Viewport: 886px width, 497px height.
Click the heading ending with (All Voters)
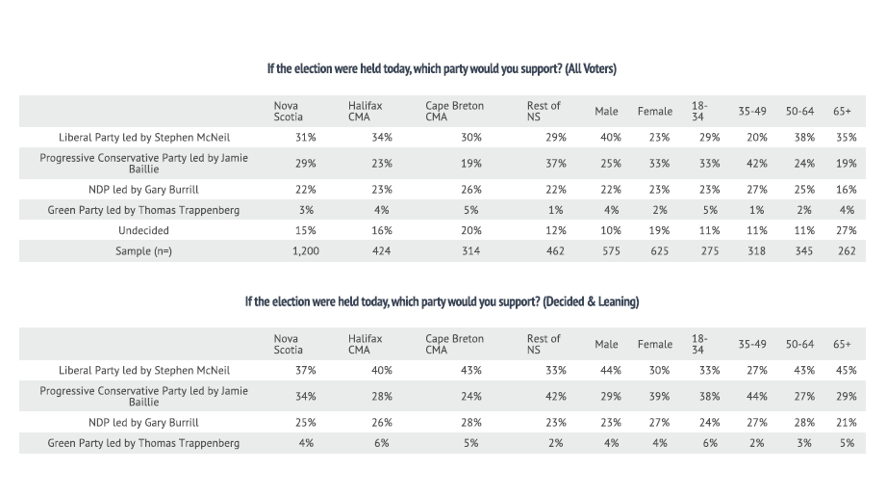pyautogui.click(x=442, y=69)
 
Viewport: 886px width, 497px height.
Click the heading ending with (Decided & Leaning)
pyautogui.click(x=442, y=301)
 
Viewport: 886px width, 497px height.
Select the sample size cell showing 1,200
pyautogui.click(x=305, y=250)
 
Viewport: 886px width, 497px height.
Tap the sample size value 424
pyautogui.click(x=381, y=250)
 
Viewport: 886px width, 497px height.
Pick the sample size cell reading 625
pyautogui.click(x=654, y=250)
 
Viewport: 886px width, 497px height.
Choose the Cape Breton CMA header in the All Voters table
pyautogui.click(x=454, y=111)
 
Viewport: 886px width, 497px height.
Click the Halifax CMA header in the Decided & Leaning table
pyautogui.click(x=365, y=344)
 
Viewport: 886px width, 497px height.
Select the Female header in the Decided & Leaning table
pyautogui.click(x=654, y=344)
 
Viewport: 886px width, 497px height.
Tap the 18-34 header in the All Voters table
pyautogui.click(x=698, y=111)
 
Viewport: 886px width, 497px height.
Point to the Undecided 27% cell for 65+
pyautogui.click(x=846, y=230)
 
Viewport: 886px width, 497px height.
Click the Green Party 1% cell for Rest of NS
pyautogui.click(x=555, y=210)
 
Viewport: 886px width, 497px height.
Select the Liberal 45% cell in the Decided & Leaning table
pyautogui.click(x=846, y=370)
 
